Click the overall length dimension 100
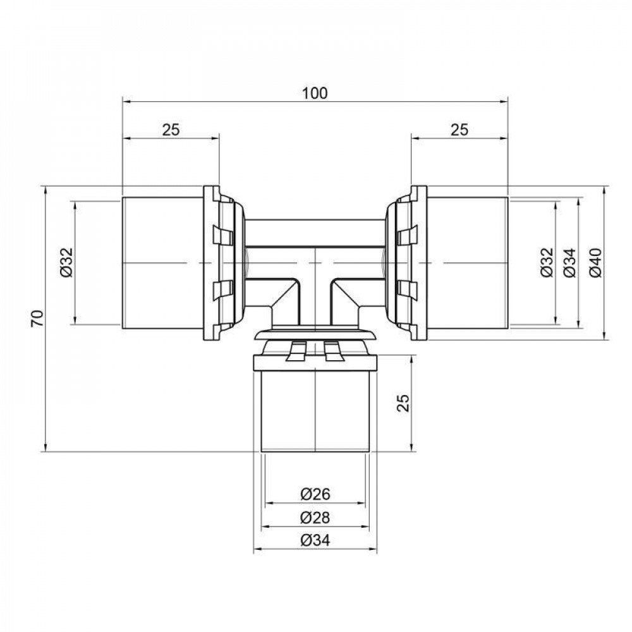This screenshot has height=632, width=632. [315, 93]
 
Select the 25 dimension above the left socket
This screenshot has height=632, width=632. [171, 130]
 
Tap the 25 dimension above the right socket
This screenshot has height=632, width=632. [459, 130]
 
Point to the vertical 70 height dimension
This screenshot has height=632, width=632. [39, 318]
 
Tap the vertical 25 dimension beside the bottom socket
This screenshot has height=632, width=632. [405, 403]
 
